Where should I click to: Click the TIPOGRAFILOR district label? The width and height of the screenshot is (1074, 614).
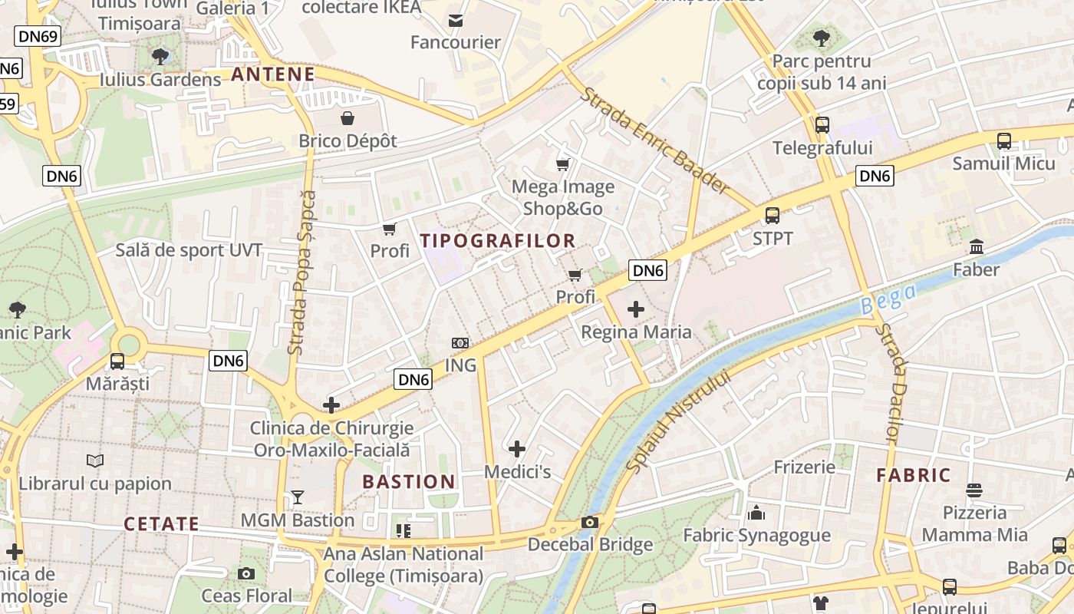(498, 241)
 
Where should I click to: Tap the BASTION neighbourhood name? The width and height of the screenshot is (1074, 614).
(409, 482)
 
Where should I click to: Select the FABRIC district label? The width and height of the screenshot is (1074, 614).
(914, 475)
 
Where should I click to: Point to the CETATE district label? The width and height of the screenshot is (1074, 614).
(162, 524)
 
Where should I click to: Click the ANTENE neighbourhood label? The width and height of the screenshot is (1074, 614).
(273, 74)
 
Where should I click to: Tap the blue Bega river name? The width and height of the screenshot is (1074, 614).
(888, 299)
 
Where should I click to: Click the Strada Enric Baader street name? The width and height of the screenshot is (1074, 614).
(654, 140)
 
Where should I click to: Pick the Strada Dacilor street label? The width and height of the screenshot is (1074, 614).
(890, 384)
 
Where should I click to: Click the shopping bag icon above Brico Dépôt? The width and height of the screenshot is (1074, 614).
(348, 118)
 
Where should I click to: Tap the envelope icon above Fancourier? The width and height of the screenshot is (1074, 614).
(456, 20)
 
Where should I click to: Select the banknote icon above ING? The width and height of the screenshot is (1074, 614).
(460, 343)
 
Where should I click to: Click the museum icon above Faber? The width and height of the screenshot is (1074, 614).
(977, 247)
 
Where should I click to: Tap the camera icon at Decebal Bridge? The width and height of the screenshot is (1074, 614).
(590, 523)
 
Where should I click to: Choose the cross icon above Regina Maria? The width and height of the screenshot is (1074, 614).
(636, 309)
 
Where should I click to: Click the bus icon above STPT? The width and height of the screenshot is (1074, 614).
(773, 216)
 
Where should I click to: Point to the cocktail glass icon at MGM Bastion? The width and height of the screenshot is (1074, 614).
(298, 497)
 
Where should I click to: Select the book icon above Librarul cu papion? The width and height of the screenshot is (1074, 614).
(95, 460)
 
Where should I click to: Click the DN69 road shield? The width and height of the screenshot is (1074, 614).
(38, 36)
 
